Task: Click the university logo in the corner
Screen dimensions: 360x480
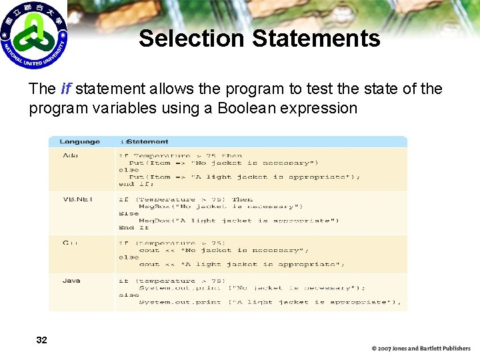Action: [x=34, y=35]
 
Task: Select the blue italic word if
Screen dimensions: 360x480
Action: [x=65, y=89]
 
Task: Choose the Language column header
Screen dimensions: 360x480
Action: [x=79, y=141]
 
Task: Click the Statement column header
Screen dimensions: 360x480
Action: [x=146, y=141]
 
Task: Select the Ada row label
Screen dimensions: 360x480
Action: [x=70, y=155]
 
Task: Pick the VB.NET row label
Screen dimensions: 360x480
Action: [x=77, y=199]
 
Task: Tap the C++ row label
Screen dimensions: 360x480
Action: [x=70, y=243]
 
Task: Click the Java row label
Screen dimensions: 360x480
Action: [x=71, y=281]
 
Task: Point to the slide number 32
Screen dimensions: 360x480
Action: [x=41, y=340]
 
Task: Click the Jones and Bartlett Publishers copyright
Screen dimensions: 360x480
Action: [x=421, y=349]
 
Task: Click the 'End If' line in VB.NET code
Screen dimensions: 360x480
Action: [x=133, y=228]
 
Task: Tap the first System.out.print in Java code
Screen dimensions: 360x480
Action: [x=179, y=288]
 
